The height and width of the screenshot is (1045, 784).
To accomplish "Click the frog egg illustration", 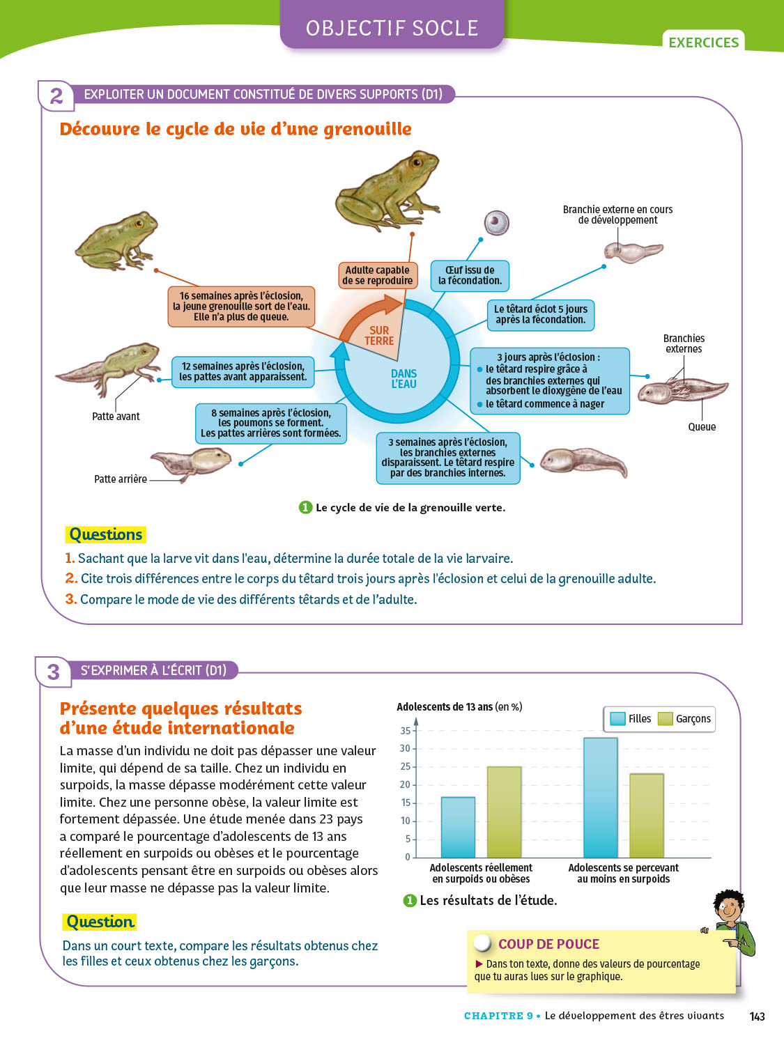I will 497,224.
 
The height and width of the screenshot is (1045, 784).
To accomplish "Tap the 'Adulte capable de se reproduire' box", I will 378,275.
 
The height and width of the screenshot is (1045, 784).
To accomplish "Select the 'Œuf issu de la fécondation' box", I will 470,275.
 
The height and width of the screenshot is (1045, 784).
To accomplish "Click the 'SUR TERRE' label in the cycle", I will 379,336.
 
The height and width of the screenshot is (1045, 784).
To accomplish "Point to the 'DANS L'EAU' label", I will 403,379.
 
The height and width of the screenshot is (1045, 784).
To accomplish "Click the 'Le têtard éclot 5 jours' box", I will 541,314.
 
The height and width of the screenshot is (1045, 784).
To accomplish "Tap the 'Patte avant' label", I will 116,417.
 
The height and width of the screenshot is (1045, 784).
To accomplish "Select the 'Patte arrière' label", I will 121,479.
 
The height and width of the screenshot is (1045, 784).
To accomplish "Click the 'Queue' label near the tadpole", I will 702,427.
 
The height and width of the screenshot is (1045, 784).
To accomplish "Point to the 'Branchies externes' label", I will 684,343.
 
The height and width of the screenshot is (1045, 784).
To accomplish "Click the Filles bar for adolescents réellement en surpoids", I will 458,828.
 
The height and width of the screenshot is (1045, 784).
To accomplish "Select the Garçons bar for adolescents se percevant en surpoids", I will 647,816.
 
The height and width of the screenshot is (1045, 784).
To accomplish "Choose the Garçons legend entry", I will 685,719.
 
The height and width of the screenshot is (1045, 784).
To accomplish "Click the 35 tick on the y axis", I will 405,731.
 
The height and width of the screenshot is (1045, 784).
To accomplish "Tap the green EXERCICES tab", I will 703,42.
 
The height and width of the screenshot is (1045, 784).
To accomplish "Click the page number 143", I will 757,1016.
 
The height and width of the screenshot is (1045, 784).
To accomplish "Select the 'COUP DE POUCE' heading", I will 548,944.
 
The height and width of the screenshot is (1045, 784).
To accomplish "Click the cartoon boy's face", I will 728,908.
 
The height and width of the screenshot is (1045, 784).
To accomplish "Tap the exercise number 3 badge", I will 54,672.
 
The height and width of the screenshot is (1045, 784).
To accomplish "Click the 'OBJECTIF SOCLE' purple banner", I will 392,28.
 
